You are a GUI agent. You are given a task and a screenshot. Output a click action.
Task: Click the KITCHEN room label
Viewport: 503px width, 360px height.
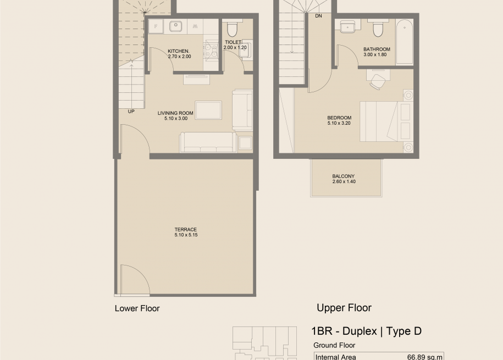click(x=178, y=51)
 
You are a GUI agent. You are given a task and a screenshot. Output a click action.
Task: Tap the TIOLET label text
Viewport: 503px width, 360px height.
click(x=234, y=42)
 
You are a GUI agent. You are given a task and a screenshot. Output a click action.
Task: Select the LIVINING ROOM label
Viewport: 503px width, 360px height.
click(x=175, y=113)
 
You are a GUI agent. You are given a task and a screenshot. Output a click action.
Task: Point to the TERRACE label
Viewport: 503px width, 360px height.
click(x=186, y=229)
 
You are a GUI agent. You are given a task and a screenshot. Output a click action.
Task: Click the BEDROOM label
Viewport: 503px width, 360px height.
click(x=339, y=118)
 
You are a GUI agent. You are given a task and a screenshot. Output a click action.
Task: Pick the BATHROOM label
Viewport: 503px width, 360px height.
click(x=377, y=49)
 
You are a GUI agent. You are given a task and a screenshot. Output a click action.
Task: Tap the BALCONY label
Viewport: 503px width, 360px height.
click(x=343, y=176)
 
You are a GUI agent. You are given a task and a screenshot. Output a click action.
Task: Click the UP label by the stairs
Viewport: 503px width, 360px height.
click(x=131, y=112)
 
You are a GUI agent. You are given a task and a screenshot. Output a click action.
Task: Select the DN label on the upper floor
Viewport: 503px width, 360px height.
click(x=318, y=16)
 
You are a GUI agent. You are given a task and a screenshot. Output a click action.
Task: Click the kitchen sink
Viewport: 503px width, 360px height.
click(x=176, y=26)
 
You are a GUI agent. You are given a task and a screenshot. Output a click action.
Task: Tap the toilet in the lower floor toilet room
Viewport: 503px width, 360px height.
click(x=232, y=27)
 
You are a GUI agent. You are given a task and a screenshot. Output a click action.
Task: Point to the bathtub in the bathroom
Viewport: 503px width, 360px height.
click(x=404, y=42)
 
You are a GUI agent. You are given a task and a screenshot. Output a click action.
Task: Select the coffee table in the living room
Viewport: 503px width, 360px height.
click(x=208, y=110)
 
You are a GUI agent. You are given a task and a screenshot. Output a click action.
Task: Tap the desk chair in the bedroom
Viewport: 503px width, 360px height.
click(x=377, y=81)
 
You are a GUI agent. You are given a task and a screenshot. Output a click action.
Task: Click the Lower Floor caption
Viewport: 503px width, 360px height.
click(x=137, y=308)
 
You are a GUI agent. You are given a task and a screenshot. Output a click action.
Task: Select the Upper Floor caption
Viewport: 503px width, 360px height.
click(x=344, y=308)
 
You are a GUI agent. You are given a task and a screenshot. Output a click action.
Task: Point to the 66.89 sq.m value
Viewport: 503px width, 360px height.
click(x=425, y=357)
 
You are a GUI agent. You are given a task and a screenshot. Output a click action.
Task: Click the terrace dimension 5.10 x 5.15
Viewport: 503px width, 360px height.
click(x=186, y=235)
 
